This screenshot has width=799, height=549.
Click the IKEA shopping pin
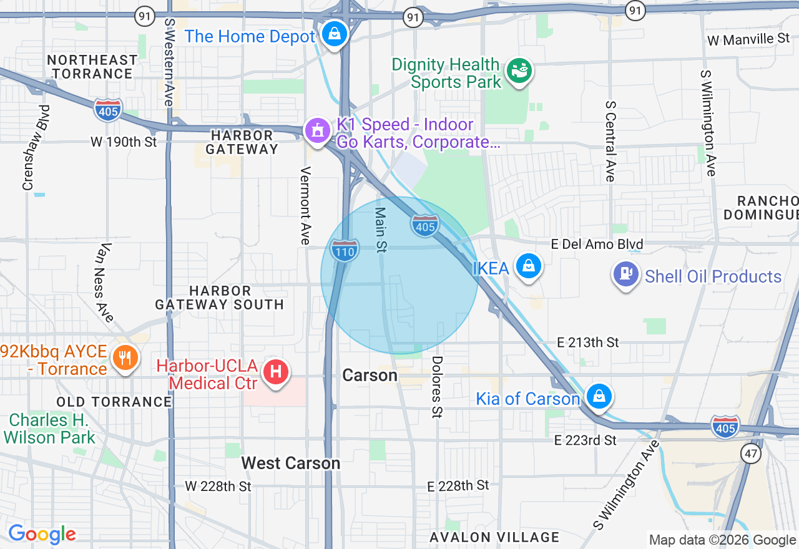tap(529, 266)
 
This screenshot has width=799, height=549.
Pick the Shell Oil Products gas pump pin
tap(626, 274)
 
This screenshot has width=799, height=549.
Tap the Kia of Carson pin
tap(599, 396)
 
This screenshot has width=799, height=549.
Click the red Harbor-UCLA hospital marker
tap(276, 372)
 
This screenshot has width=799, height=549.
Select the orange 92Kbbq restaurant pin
tap(125, 357)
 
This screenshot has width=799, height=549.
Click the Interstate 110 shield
tap(345, 250)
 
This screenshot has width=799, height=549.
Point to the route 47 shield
tap(751, 454)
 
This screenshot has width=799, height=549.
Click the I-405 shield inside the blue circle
tap(425, 225)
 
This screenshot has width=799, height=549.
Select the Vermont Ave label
tap(305, 205)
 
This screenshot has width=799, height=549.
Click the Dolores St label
tap(437, 387)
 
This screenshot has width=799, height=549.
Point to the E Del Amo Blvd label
tap(597, 244)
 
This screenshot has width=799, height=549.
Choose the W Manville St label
tap(748, 39)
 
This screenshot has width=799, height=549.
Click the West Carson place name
tap(291, 463)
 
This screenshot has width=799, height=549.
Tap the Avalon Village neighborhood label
tap(494, 537)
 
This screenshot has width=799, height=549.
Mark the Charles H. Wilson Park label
tap(50, 429)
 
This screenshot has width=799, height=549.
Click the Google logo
tap(42, 535)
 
